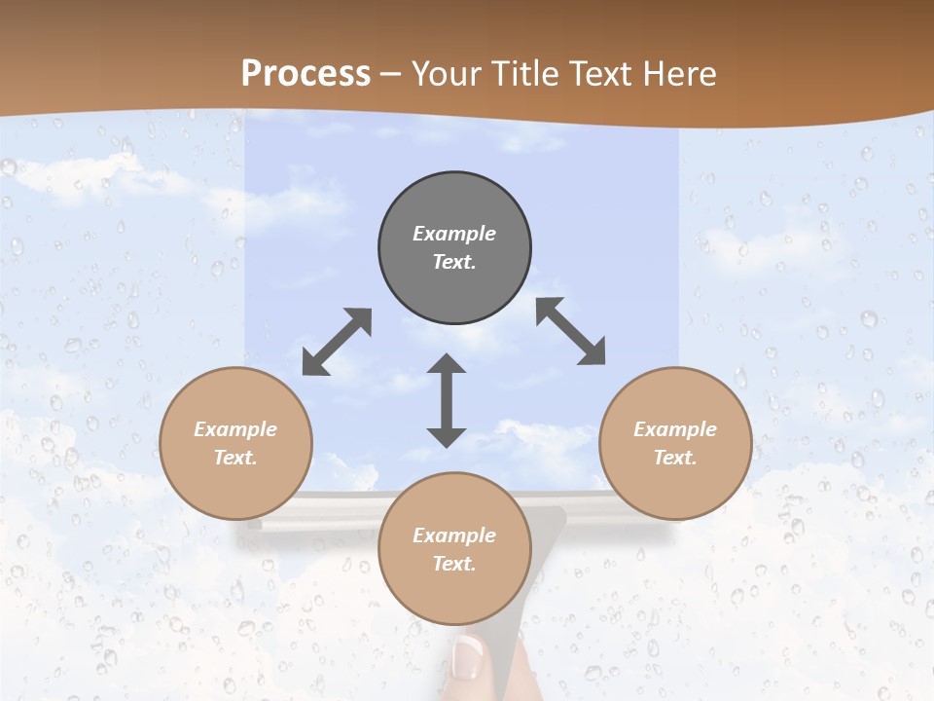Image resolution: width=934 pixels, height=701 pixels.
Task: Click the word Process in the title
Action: click(x=305, y=74)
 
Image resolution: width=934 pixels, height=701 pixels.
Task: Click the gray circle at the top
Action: click(x=454, y=248)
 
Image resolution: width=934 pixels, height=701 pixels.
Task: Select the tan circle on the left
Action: click(x=235, y=443)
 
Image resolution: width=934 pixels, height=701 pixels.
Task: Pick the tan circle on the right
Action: click(x=675, y=443)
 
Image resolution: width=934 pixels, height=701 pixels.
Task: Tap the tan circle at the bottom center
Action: click(x=454, y=548)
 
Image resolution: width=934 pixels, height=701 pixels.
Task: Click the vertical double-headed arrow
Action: click(x=447, y=401)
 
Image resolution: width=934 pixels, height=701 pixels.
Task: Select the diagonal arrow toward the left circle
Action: click(x=337, y=342)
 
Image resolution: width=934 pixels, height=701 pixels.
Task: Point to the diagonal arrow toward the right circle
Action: click(x=571, y=331)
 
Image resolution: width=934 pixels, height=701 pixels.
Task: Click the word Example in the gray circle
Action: click(x=454, y=234)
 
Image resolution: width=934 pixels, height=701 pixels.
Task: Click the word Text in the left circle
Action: click(x=235, y=458)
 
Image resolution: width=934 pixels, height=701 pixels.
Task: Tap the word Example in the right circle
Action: click(x=675, y=429)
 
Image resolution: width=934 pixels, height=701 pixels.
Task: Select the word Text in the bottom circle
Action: click(x=454, y=564)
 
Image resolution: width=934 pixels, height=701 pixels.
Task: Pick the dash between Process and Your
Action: click(x=391, y=75)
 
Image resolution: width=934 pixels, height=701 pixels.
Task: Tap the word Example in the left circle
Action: click(x=235, y=429)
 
